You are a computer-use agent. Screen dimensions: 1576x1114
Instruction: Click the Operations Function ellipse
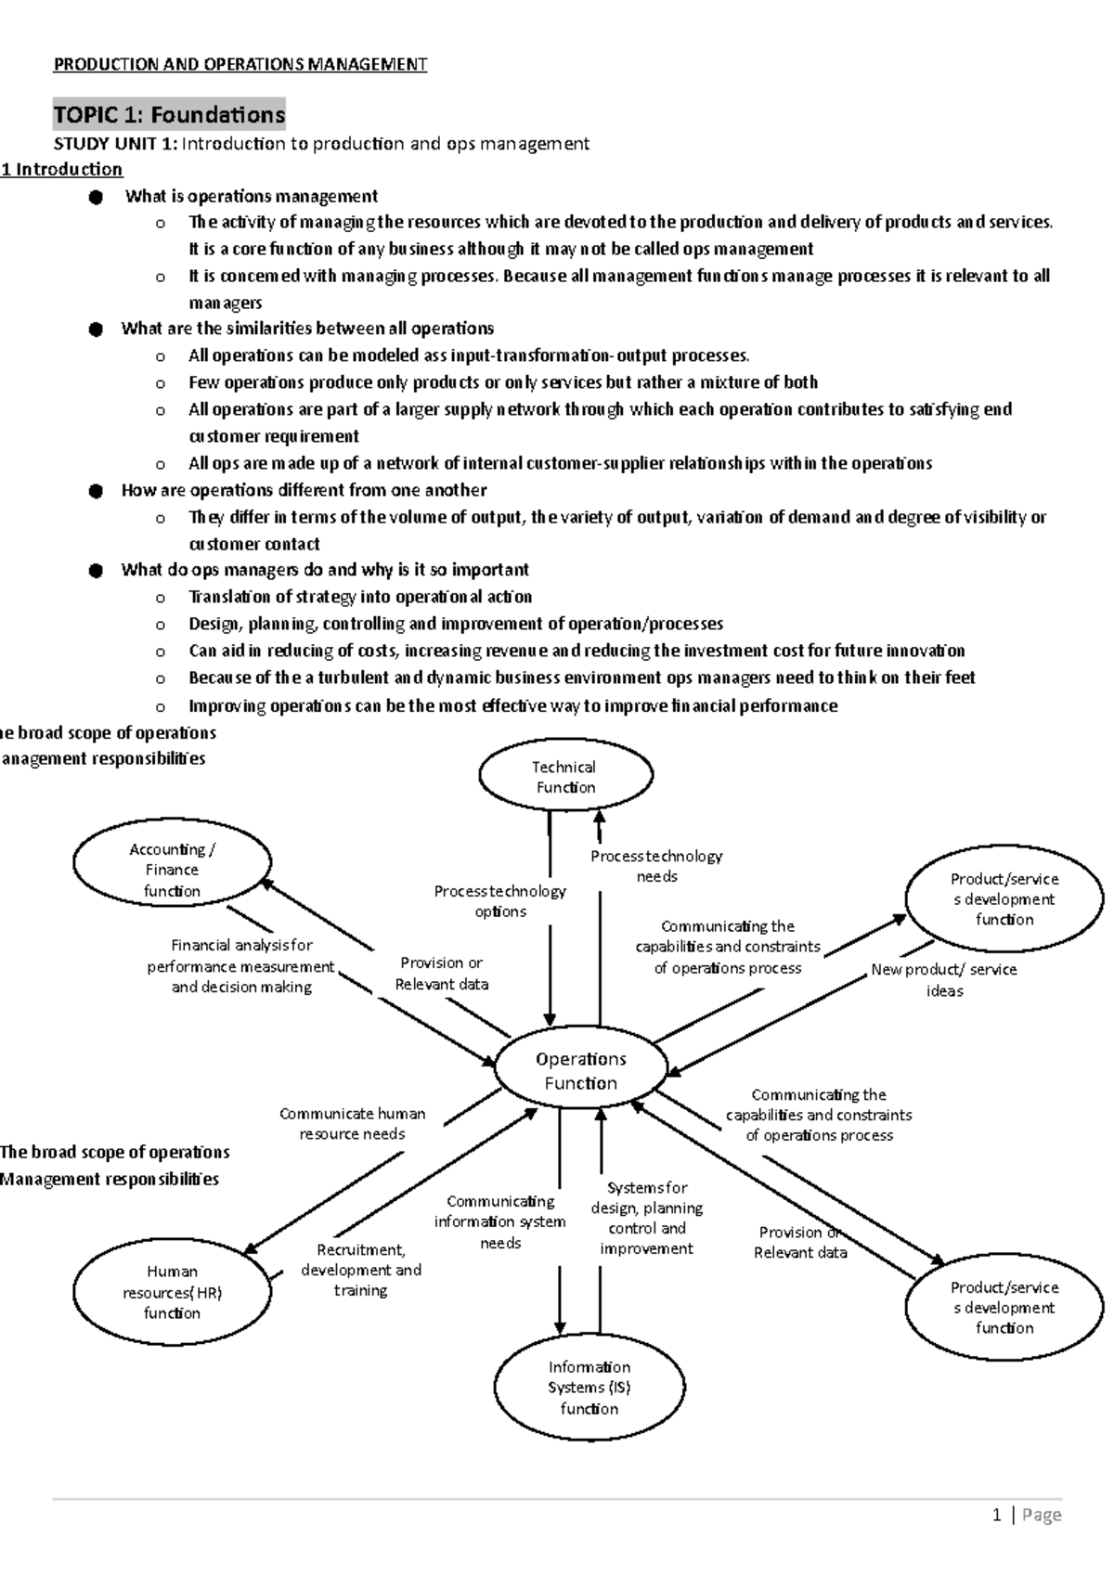(580, 1070)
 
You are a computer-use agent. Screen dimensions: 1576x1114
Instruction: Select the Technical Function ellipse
(564, 777)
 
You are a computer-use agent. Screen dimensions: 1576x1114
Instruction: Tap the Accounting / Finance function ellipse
(172, 870)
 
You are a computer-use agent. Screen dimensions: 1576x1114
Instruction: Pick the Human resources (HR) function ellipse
(172, 1292)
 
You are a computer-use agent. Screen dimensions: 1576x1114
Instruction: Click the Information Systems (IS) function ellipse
(589, 1388)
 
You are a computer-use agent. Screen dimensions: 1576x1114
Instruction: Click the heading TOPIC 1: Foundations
(169, 115)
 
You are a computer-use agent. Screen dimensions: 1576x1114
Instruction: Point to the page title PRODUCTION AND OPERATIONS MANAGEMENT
(240, 64)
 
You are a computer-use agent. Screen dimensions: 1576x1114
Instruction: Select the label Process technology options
(499, 901)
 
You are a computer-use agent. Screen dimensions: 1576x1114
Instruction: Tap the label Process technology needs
(656, 866)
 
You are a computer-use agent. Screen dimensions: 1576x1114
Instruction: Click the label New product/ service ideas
(944, 979)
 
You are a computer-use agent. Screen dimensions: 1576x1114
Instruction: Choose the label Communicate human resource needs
(352, 1123)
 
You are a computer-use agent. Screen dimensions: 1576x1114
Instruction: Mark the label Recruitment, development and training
(360, 1270)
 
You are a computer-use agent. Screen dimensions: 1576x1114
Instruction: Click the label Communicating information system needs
(499, 1221)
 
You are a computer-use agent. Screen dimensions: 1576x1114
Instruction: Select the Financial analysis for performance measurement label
(241, 965)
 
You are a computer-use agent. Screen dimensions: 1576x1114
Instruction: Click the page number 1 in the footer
(997, 1515)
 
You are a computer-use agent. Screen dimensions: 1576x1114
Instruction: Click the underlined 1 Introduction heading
(61, 169)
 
